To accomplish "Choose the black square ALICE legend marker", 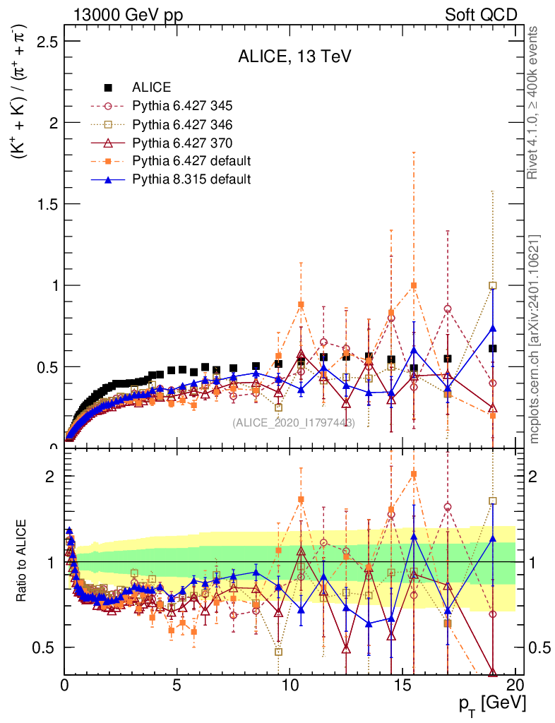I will click(x=108, y=88).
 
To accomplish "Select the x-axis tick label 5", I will click(x=177, y=685).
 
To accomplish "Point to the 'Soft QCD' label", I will click(x=481, y=15).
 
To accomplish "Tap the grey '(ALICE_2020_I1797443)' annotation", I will click(x=294, y=422).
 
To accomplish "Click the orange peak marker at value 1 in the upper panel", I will click(x=414, y=285).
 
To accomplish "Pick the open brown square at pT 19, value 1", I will click(x=493, y=285).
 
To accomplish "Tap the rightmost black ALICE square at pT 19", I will click(x=493, y=348).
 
